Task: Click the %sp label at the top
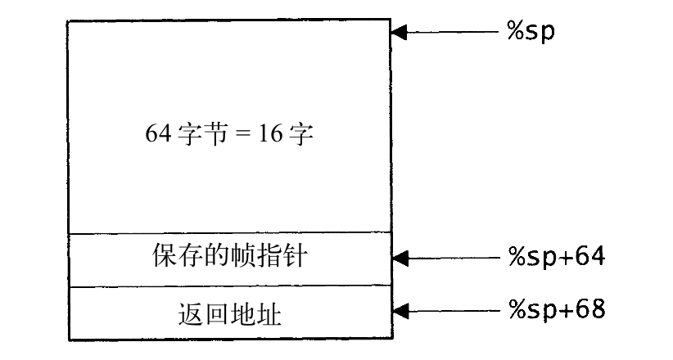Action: (x=531, y=32)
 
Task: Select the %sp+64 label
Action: (x=557, y=258)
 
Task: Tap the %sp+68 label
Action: (x=557, y=310)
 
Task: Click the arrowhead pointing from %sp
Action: (x=400, y=32)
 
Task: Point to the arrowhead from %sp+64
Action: (x=400, y=259)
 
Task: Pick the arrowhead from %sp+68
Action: (x=400, y=311)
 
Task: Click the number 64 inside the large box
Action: (x=158, y=133)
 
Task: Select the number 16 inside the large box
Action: (x=270, y=133)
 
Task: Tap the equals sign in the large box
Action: (x=243, y=133)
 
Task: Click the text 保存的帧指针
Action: (x=230, y=256)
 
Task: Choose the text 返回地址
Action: (x=229, y=313)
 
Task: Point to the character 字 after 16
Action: (x=300, y=133)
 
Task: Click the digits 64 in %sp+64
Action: (x=590, y=256)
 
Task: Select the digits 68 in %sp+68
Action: (x=590, y=309)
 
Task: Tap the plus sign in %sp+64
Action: (x=565, y=258)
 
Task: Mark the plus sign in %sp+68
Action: (x=565, y=310)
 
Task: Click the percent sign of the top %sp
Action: (x=515, y=30)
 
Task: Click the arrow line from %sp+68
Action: (x=446, y=311)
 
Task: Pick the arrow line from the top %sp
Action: (x=445, y=32)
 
